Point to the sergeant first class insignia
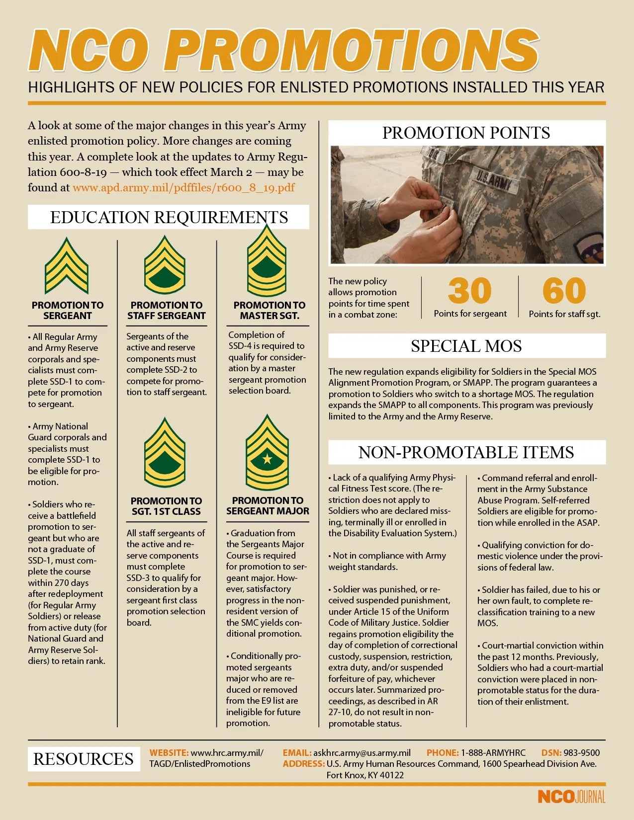[165, 453]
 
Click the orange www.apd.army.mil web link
[183, 188]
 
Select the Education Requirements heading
[169, 217]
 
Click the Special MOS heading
[466, 346]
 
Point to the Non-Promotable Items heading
[466, 452]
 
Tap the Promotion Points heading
[466, 133]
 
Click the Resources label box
[83, 759]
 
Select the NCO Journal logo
[571, 797]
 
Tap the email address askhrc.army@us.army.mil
[362, 753]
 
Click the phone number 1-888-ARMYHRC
[493, 753]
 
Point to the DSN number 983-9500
[581, 753]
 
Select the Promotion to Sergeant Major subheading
[268, 506]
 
